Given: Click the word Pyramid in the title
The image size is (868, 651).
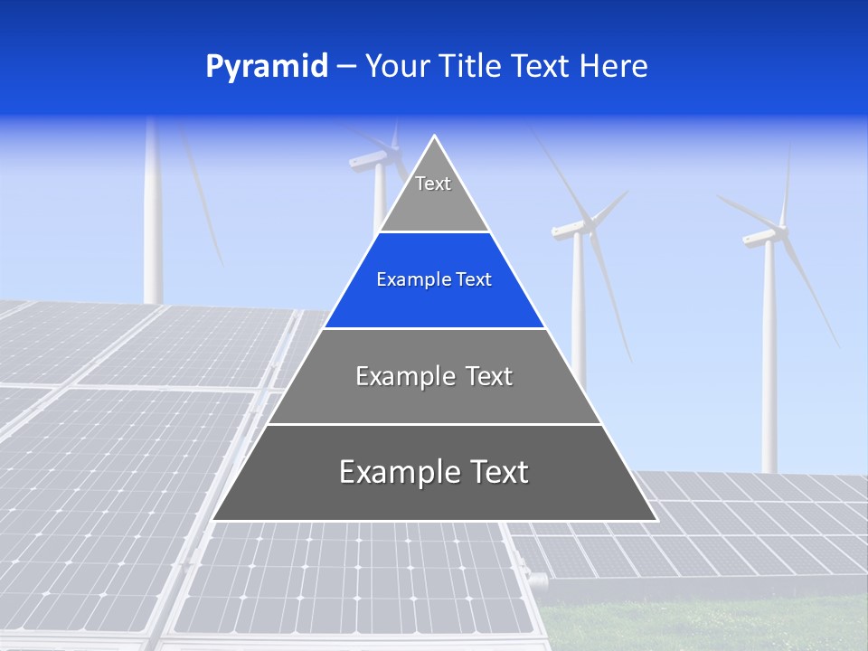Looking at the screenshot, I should point(267,67).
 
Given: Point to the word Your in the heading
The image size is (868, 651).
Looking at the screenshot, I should point(395,67).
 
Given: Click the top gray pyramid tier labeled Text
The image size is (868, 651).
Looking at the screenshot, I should point(434,194).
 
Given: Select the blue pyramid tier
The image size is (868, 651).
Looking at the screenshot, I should point(434,280).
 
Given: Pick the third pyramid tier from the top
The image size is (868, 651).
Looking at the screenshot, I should point(434,376).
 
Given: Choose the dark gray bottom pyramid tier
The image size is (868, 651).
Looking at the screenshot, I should point(434,473).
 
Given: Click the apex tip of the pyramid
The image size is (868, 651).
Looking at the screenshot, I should point(435,138).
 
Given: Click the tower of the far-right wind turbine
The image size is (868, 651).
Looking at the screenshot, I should point(769,362).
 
